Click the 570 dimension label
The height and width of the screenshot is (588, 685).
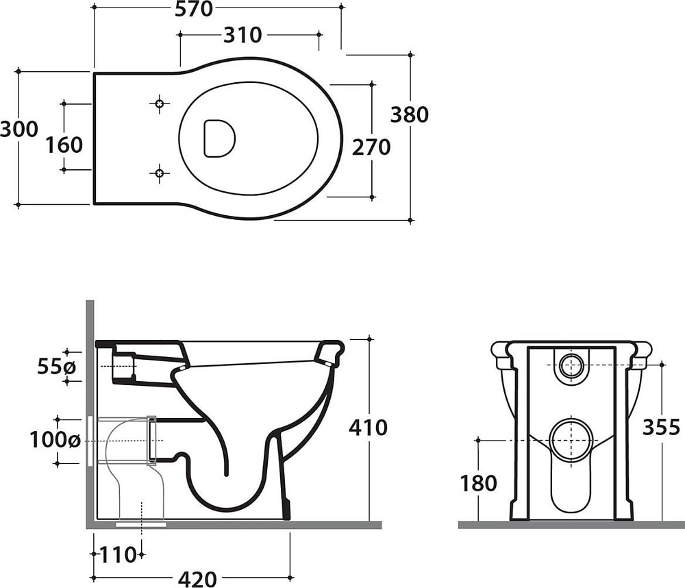(x=193, y=9)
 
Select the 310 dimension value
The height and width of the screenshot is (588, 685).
(x=242, y=34)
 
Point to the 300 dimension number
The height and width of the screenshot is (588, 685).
(x=18, y=129)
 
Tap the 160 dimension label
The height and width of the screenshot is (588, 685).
(x=64, y=145)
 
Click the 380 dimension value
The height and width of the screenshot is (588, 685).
(x=409, y=114)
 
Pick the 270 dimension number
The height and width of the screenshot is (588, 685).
(x=371, y=147)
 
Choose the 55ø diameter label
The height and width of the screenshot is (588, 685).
(x=57, y=367)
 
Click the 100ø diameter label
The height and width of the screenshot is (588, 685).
(x=55, y=440)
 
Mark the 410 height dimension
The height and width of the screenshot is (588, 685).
(x=368, y=428)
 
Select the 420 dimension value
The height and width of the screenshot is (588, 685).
(x=197, y=579)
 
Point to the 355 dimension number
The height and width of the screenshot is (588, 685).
(x=661, y=427)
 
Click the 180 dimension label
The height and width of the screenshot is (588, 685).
(x=479, y=483)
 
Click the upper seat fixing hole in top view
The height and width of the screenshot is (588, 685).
(x=160, y=104)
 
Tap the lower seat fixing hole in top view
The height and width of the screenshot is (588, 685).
(x=160, y=172)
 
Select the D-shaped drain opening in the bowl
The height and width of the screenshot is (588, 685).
(x=219, y=138)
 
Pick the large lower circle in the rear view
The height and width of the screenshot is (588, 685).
(x=571, y=439)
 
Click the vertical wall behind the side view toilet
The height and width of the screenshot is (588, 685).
(x=90, y=411)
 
